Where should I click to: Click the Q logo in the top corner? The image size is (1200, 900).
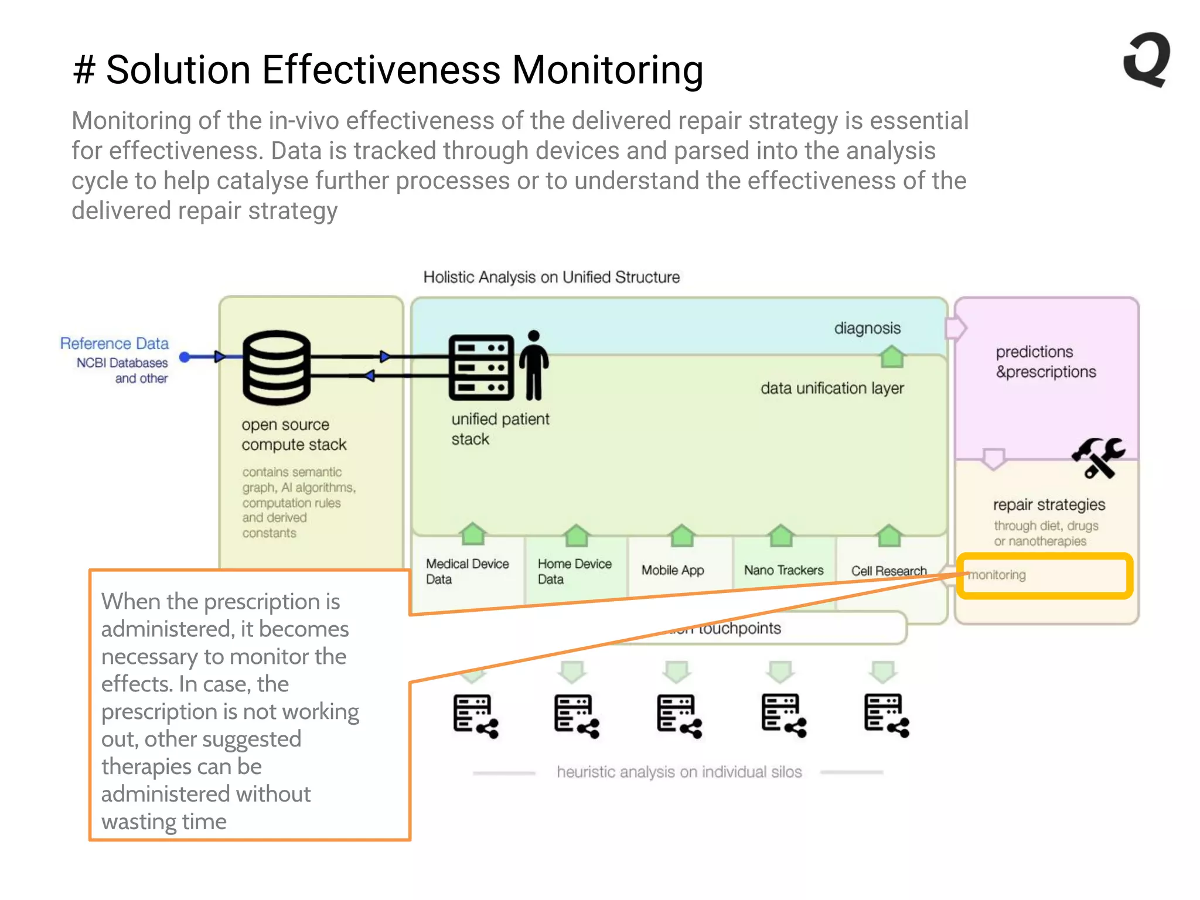1147,60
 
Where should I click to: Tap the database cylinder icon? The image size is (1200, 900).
277,367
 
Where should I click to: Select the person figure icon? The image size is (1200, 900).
534,365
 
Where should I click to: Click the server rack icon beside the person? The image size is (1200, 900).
481,367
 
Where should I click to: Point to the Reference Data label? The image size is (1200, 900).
114,343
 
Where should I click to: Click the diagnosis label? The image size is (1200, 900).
867,328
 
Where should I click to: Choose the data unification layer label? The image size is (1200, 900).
832,388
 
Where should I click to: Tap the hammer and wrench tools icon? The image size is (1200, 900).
1098,457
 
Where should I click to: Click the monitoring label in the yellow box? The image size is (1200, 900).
997,575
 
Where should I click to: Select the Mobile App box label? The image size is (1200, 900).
673,570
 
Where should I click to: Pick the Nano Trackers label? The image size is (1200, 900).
783,570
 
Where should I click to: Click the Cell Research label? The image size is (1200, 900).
889,571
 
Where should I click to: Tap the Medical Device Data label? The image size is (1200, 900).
467,571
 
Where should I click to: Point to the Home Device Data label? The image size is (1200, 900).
574,571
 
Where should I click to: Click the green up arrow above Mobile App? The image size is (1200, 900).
682,535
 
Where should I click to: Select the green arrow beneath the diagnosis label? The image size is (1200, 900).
892,356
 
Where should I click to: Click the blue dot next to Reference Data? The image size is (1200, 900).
185,357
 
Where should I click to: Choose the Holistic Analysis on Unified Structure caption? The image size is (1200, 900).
551,277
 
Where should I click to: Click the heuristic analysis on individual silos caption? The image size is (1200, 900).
679,772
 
